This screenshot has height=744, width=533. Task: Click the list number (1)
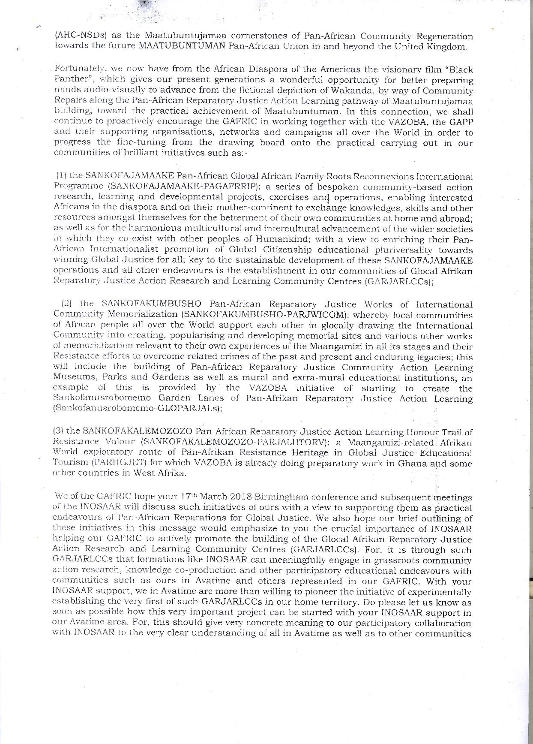(x=61, y=176)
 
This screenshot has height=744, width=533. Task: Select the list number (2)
(x=66, y=304)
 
